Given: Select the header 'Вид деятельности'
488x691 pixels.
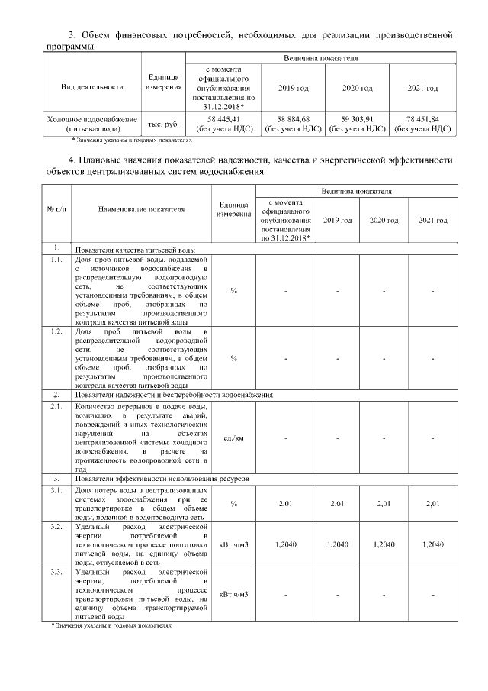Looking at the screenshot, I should (92, 87).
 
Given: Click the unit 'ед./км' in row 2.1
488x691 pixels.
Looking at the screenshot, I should (233, 438).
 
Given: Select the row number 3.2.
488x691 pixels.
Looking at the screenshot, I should (56, 528).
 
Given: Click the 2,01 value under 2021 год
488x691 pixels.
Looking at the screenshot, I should (432, 504).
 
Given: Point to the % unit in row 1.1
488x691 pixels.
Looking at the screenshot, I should (233, 291).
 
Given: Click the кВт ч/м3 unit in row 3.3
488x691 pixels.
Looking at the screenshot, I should (233, 593).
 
